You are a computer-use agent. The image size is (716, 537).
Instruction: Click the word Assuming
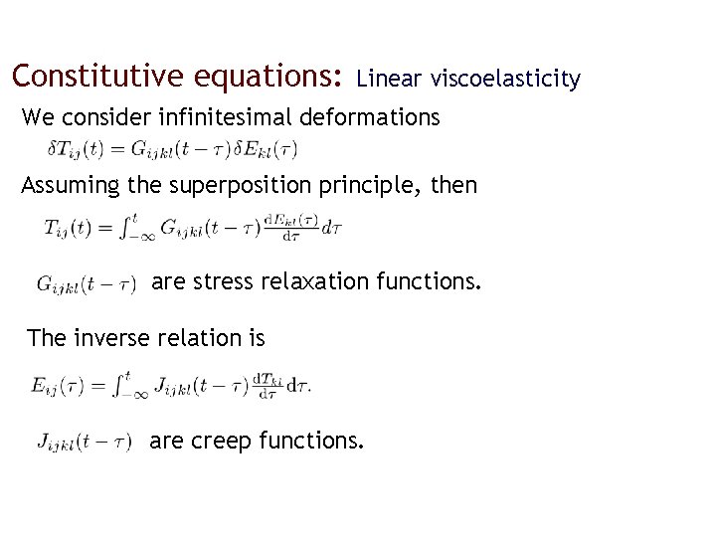[x=62, y=186]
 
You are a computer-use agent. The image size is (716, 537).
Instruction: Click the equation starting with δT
[x=172, y=150]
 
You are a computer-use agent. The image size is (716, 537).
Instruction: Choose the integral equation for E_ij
[x=171, y=386]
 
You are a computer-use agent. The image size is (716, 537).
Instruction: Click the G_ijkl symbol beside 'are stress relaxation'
[x=86, y=284]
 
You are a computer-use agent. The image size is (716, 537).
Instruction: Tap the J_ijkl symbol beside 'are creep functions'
[x=85, y=442]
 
